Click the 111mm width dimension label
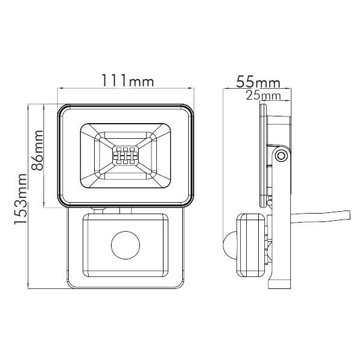pyautogui.click(x=128, y=80)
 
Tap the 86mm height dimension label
pyautogui.click(x=37, y=150)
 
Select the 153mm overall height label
pyautogui.click(x=21, y=199)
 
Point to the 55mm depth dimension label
pyautogui.click(x=258, y=81)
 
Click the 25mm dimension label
pyautogui.click(x=264, y=95)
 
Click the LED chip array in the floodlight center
pyautogui.click(x=125, y=156)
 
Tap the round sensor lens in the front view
pyautogui.click(x=125, y=245)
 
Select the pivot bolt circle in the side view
pyautogui.click(x=281, y=156)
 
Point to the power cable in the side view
pyautogui.click(x=320, y=217)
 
